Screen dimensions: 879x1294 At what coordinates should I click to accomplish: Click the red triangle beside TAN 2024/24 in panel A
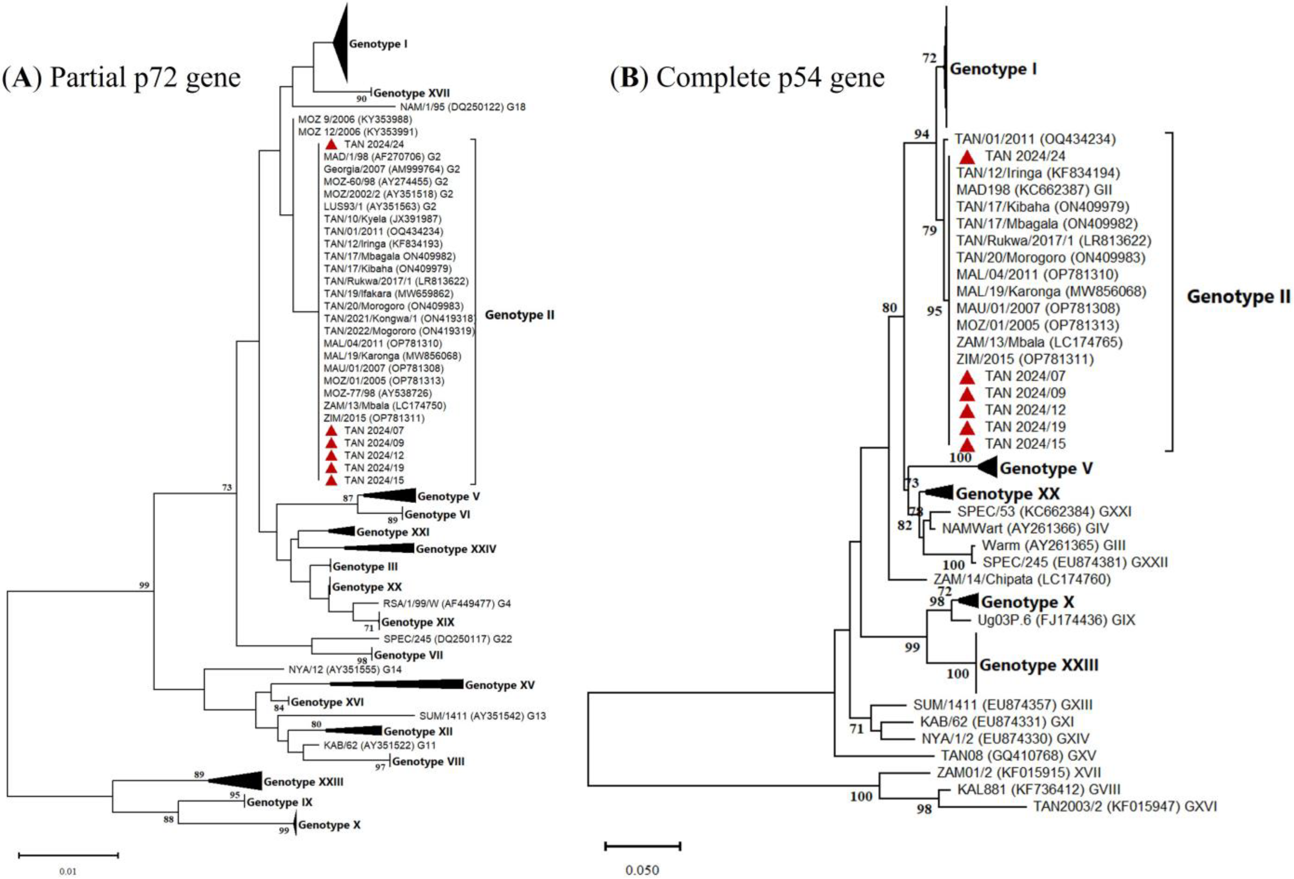(x=331, y=144)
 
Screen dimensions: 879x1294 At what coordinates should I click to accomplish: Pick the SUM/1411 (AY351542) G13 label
(x=482, y=716)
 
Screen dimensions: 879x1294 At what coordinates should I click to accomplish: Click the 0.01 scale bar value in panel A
(x=68, y=871)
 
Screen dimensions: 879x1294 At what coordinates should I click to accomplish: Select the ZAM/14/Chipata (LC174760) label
(x=1022, y=579)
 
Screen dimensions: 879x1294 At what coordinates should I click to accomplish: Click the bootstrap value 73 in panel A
(x=227, y=488)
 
